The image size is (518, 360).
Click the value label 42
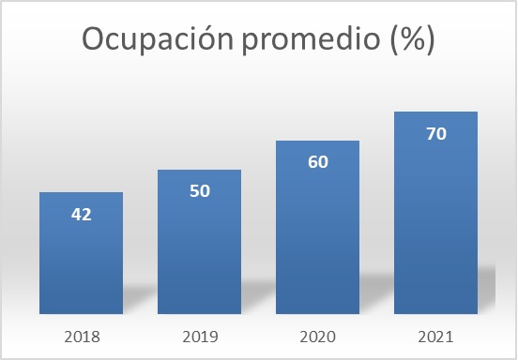(x=81, y=214)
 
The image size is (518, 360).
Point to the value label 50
(x=199, y=191)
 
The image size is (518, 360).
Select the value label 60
(x=317, y=162)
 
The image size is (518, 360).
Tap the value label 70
(x=435, y=133)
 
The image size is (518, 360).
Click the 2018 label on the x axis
(x=81, y=334)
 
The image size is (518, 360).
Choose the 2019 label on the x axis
(x=199, y=334)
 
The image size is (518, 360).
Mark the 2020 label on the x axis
(x=317, y=334)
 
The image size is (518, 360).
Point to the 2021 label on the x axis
(x=435, y=334)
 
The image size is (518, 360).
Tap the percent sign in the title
(x=411, y=40)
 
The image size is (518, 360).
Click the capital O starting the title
(x=95, y=39)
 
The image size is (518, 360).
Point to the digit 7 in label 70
(x=430, y=133)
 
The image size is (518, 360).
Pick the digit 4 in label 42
(x=75, y=214)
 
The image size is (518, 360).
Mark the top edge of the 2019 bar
(x=199, y=171)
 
